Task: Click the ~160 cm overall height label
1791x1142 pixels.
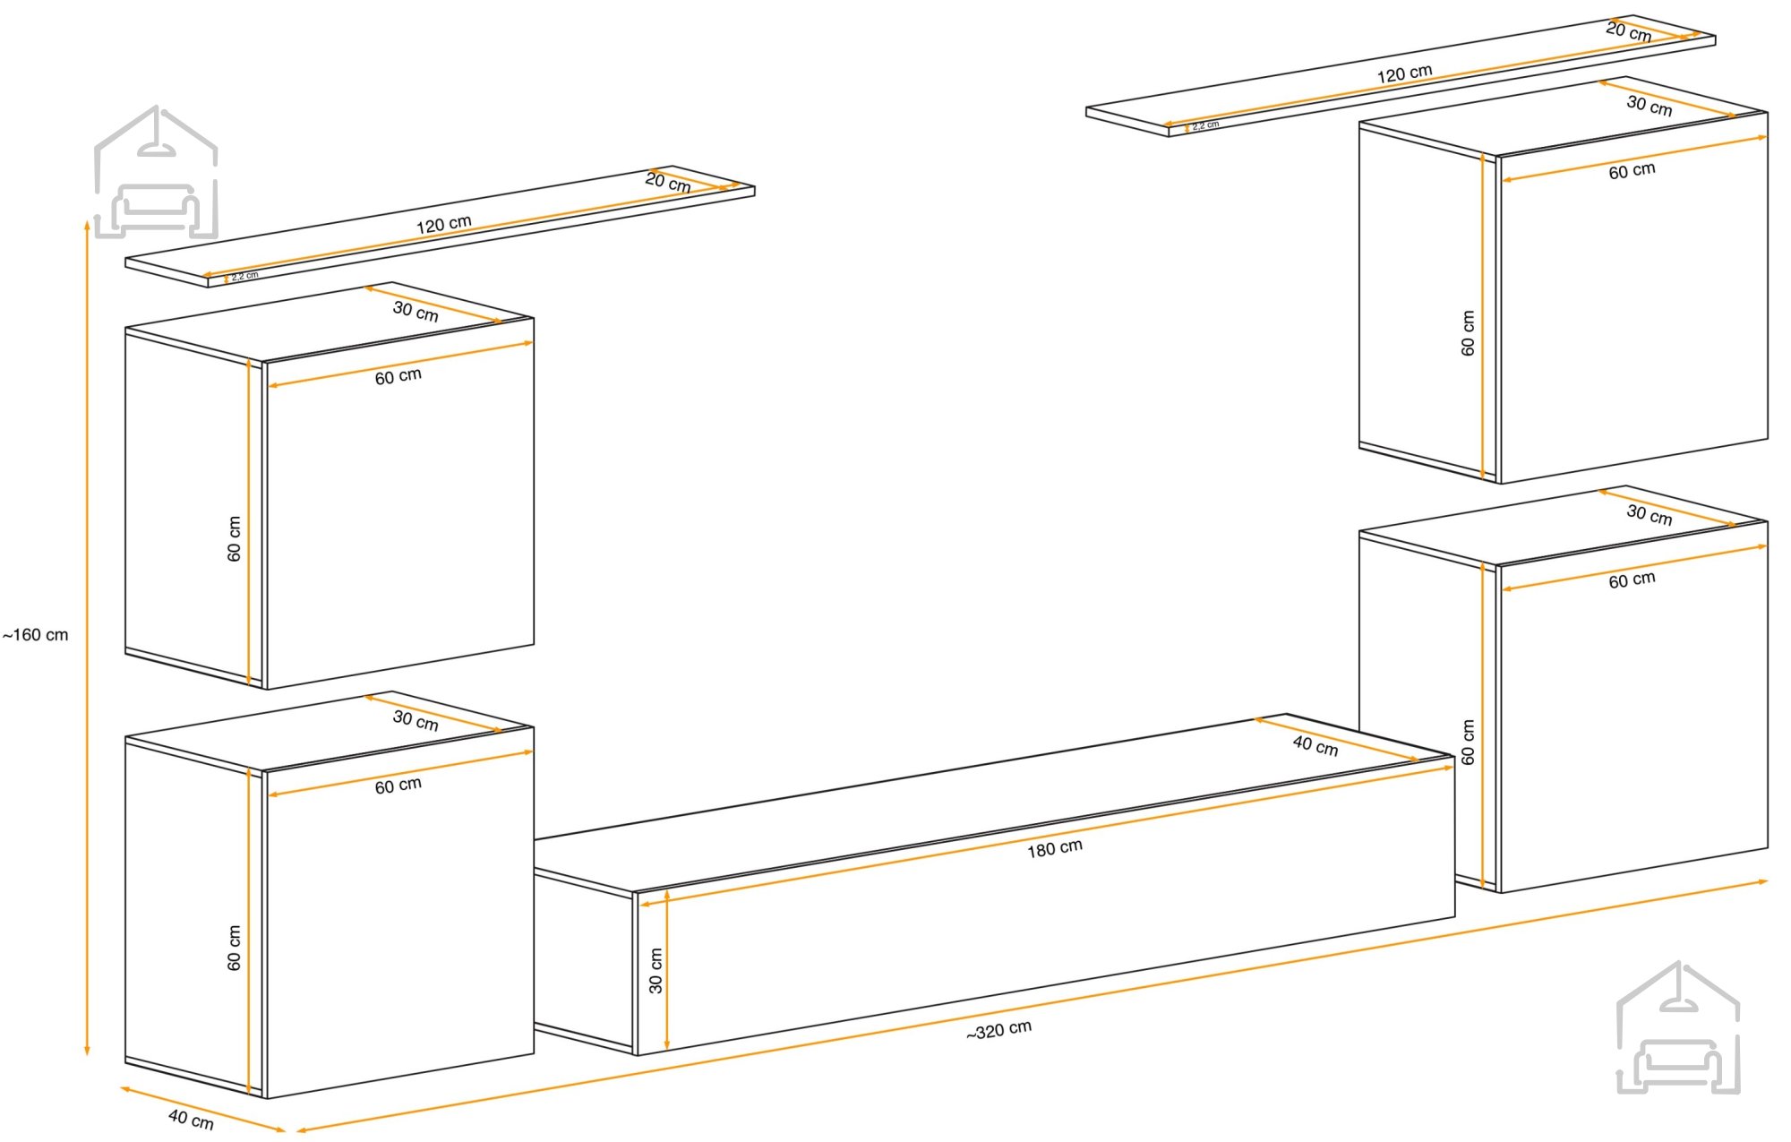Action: coord(35,635)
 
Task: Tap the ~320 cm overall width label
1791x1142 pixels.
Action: coord(998,1030)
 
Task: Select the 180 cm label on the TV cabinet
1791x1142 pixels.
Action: coord(1055,848)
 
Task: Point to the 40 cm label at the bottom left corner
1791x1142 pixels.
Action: coord(191,1119)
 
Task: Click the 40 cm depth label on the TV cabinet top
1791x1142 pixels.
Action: coord(1315,745)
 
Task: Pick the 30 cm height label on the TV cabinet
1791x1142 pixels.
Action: coord(656,971)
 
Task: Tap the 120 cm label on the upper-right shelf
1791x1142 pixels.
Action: coord(1404,73)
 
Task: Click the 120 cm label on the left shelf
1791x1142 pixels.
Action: coord(443,224)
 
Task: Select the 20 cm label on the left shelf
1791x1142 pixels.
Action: coord(668,183)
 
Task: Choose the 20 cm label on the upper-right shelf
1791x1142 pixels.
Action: coord(1629,32)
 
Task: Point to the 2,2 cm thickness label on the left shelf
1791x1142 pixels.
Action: coord(244,276)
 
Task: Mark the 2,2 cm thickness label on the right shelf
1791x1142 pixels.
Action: coord(1205,125)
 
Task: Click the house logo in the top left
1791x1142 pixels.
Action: coord(156,172)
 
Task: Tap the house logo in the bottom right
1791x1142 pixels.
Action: coord(1678,1027)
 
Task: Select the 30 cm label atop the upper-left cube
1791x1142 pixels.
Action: coord(416,312)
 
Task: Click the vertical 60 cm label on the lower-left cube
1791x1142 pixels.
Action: coord(235,949)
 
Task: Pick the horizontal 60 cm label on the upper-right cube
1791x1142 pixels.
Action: coord(1632,170)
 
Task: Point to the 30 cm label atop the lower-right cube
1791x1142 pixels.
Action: coord(1650,515)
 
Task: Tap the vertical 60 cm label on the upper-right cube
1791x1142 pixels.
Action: coord(1468,333)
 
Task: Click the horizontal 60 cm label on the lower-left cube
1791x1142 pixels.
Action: coord(398,786)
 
